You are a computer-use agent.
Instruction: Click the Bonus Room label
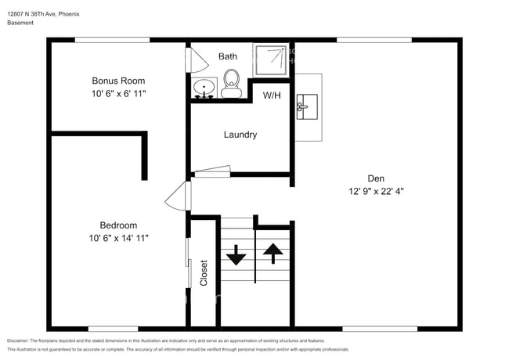point(118,81)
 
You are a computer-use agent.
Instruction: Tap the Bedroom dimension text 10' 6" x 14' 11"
point(118,237)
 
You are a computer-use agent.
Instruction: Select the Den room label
point(376,177)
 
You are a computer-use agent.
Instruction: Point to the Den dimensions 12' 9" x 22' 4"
point(376,190)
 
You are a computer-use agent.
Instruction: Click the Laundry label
point(240,135)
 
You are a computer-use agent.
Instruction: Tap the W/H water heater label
point(272,95)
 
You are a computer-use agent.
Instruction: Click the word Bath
point(227,56)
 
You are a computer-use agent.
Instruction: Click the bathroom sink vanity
point(204,88)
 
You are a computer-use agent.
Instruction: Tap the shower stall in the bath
point(271,59)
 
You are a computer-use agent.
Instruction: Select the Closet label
point(204,272)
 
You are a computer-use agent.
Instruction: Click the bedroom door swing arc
point(178,196)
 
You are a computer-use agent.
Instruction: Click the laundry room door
point(212,171)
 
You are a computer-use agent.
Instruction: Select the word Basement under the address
point(20,23)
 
